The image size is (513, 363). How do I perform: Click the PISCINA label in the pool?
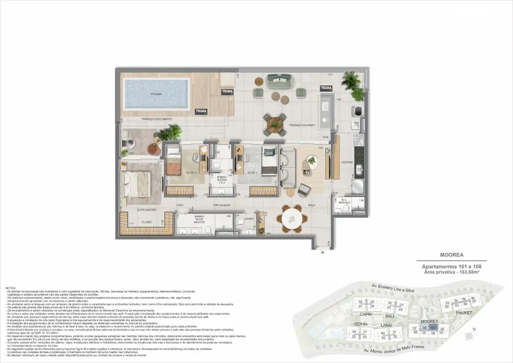point(156,94)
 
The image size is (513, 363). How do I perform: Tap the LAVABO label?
point(249,218)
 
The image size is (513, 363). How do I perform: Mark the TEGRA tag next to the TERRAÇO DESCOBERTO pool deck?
point(201,111)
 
